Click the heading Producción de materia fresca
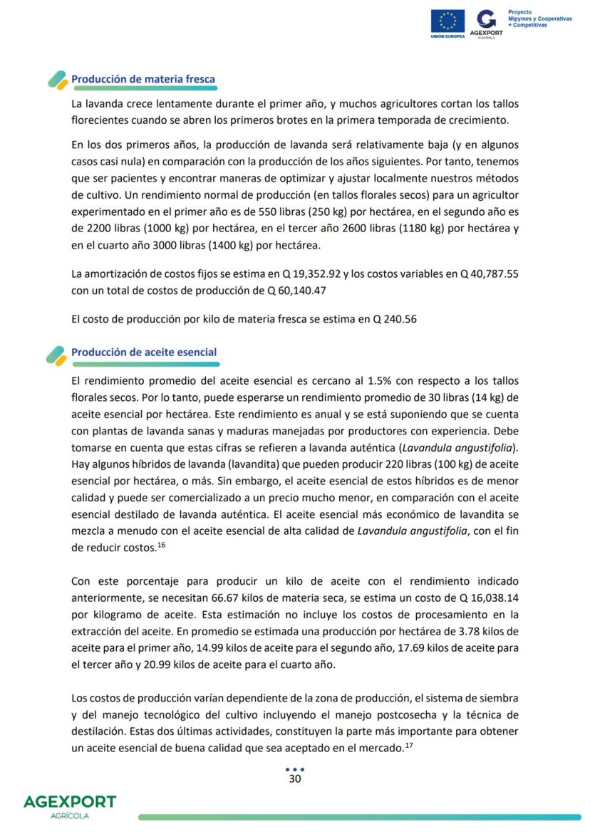[143, 79]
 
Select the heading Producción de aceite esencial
[144, 353]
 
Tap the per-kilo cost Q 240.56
[394, 319]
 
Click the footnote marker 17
[409, 745]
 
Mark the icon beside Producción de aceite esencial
[56, 355]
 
